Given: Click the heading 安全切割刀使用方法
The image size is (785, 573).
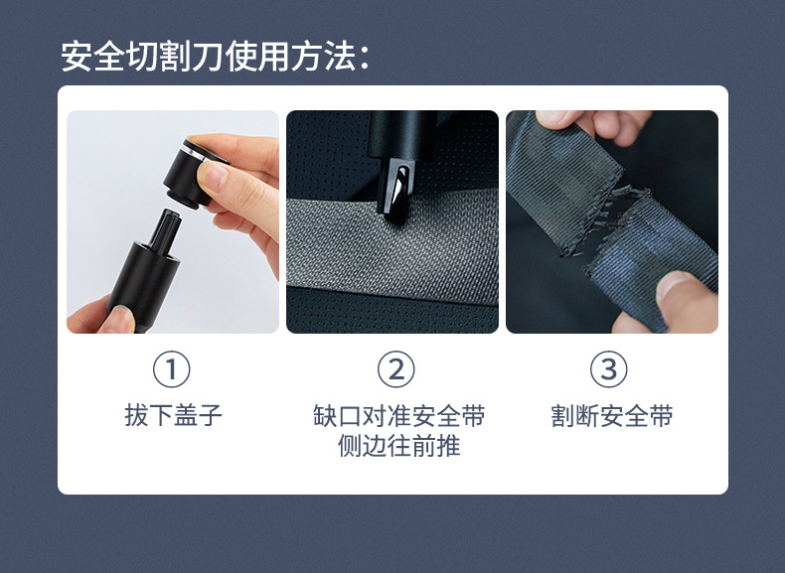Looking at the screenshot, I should coord(215,56).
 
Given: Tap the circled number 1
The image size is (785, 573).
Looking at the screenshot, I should coord(172,369).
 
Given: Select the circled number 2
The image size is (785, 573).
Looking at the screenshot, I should coord(395,369).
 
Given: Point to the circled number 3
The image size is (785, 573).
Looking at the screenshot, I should coord(609,369).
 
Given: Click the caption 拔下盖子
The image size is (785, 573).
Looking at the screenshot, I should coord(173,415).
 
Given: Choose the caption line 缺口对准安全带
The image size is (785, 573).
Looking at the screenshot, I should coord(398,415).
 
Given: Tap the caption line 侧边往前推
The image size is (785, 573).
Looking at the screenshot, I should coord(398,446).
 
